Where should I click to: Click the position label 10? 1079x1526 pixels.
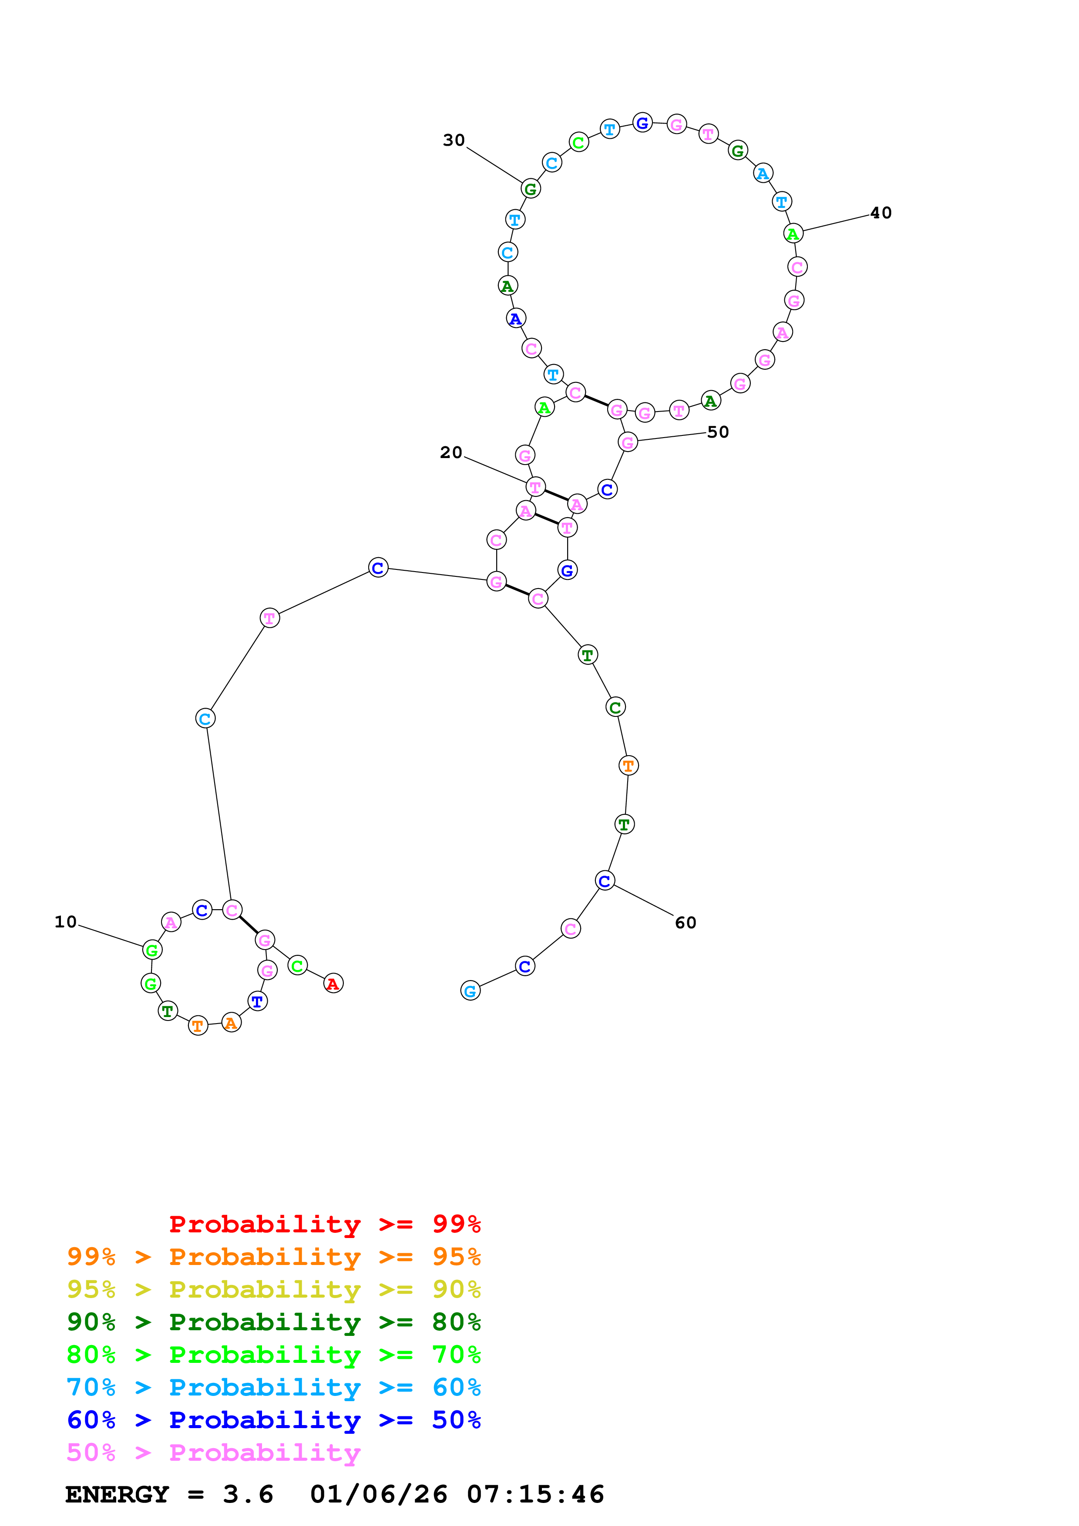[65, 922]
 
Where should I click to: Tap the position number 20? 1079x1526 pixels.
[451, 452]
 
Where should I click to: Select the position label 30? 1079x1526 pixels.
[454, 140]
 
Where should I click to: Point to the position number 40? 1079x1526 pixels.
[881, 213]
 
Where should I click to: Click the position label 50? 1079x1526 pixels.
[718, 432]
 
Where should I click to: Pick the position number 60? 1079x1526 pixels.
[686, 923]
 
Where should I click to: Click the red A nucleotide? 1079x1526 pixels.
[333, 984]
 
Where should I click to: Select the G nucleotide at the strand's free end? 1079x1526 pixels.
[470, 991]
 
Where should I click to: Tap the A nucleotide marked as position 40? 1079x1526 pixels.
[793, 233]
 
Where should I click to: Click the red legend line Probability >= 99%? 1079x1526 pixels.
[324, 1224]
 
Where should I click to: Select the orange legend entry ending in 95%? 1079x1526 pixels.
[274, 1257]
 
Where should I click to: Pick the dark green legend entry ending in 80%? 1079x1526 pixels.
[274, 1322]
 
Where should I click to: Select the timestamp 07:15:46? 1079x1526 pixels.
[535, 1495]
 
